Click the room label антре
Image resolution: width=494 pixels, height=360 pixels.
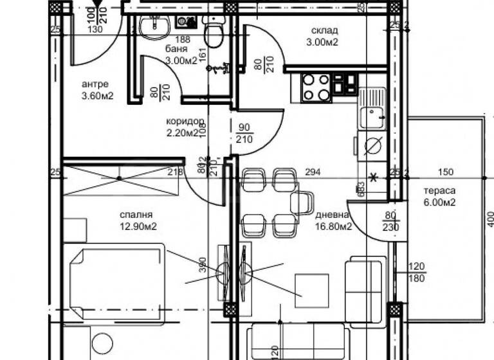coord(95,84)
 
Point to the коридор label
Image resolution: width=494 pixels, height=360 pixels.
coord(185,121)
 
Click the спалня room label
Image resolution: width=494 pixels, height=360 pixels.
coord(136,214)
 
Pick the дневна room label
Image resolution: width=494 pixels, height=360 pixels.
coord(333,215)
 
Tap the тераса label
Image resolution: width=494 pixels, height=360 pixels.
coord(439,190)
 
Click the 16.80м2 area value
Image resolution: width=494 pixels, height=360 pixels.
coord(333,226)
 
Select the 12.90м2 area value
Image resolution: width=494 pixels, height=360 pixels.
coord(136,226)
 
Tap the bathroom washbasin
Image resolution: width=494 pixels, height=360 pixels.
coord(154,26)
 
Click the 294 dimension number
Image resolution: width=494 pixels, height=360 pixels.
coord(313,172)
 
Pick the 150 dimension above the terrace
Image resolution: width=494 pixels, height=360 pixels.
coord(446,172)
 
